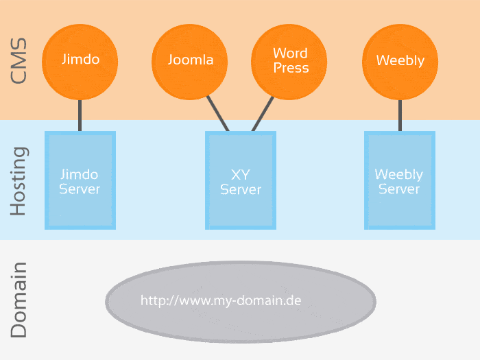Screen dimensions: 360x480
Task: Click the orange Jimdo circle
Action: (x=80, y=60)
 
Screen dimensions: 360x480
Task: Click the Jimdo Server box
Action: (x=80, y=180)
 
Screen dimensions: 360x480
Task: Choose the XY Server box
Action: (x=241, y=180)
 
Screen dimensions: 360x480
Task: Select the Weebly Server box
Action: (x=399, y=180)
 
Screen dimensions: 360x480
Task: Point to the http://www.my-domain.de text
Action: (x=221, y=300)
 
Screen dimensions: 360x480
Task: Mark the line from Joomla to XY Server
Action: (x=218, y=113)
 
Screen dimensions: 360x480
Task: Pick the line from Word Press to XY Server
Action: (x=263, y=113)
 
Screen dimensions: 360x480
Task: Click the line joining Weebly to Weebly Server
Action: (x=400, y=115)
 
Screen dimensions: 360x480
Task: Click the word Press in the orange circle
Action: (x=291, y=68)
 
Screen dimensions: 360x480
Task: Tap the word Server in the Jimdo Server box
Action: (x=80, y=189)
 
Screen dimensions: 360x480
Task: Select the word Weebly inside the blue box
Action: (x=399, y=174)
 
